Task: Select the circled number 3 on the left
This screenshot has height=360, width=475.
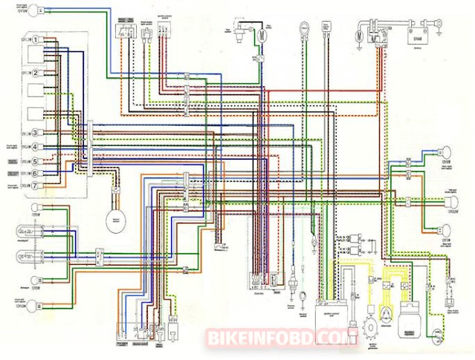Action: pos(35,132)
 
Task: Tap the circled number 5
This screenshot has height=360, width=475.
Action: pos(35,159)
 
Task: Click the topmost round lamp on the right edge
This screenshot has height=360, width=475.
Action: pos(450,152)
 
